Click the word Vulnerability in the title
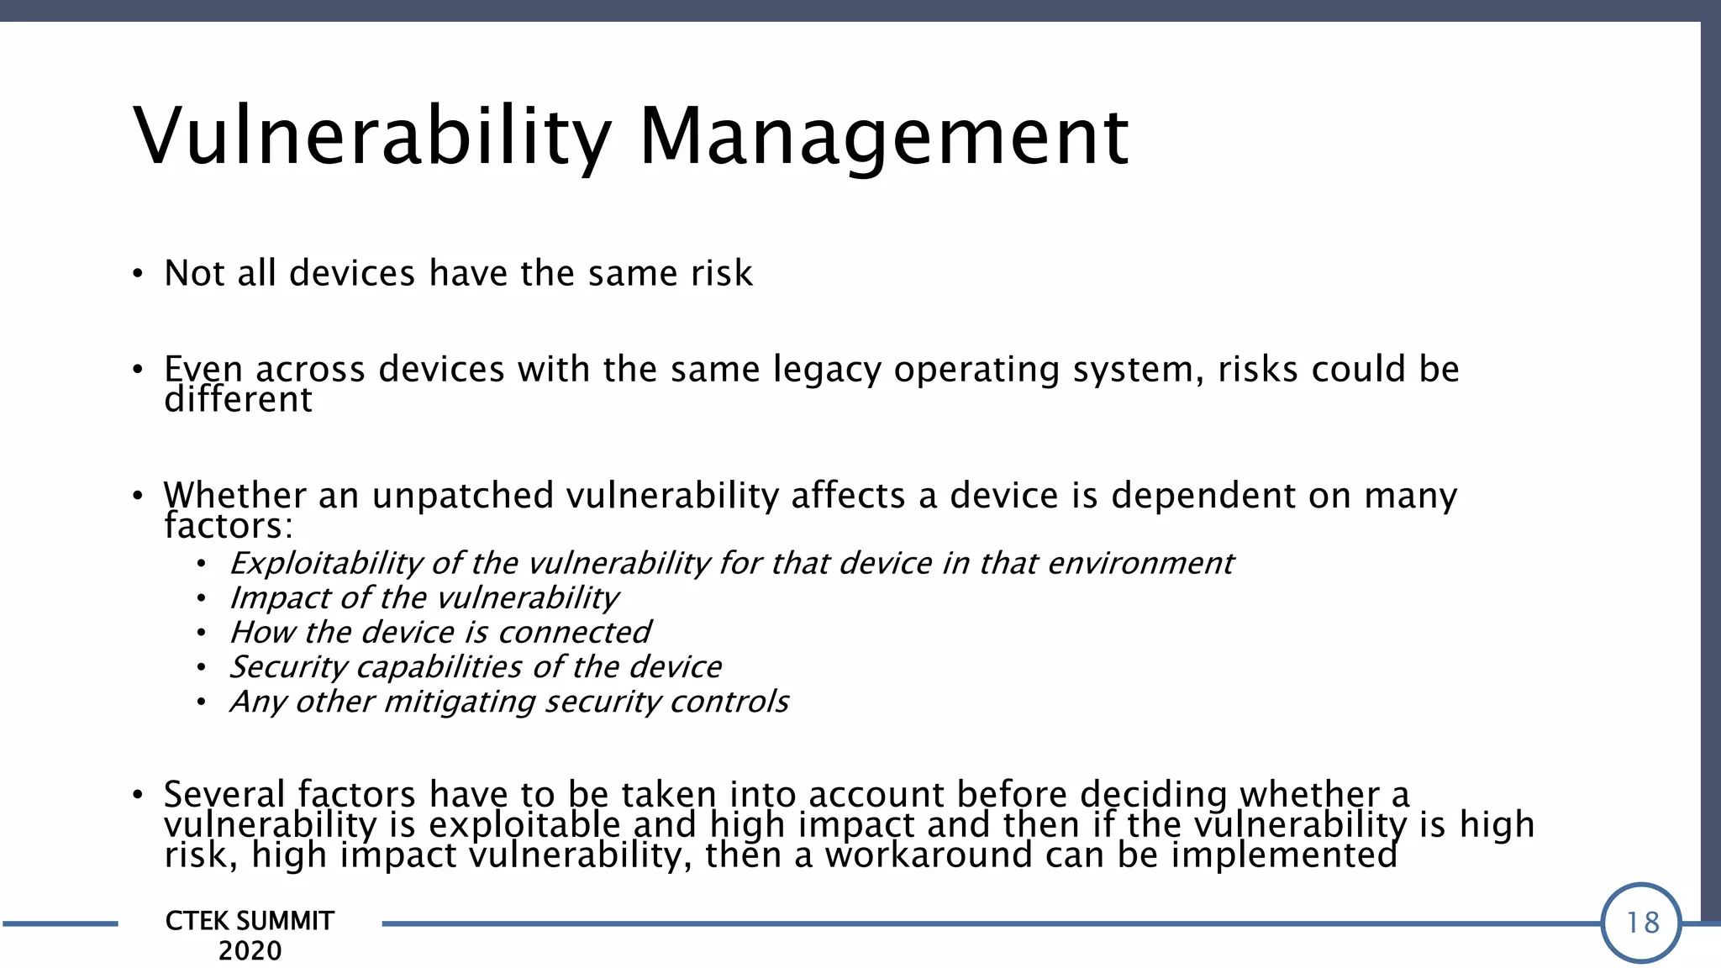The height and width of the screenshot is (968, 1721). (x=372, y=136)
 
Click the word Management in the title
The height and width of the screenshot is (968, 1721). (x=883, y=136)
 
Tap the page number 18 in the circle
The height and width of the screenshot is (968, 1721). (x=1642, y=923)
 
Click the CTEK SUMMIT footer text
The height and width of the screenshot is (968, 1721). (x=250, y=921)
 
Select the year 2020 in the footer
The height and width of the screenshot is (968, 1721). (x=250, y=951)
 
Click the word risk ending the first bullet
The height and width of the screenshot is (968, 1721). (x=721, y=273)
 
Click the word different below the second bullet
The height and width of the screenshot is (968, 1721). (x=238, y=400)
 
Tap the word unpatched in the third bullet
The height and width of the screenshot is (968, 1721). (x=462, y=496)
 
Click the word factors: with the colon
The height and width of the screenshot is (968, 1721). (x=229, y=527)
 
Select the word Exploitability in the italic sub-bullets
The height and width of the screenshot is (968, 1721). (x=326, y=563)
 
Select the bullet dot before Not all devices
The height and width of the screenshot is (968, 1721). (x=138, y=275)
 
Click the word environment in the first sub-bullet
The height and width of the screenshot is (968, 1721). (x=1140, y=563)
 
